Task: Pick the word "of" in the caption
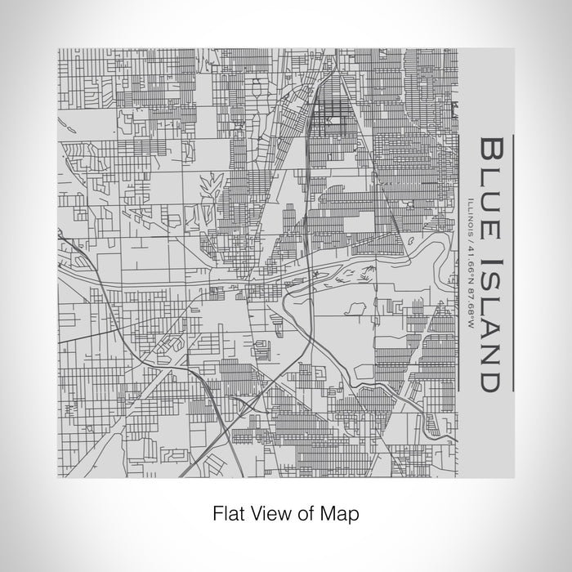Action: tap(310, 515)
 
